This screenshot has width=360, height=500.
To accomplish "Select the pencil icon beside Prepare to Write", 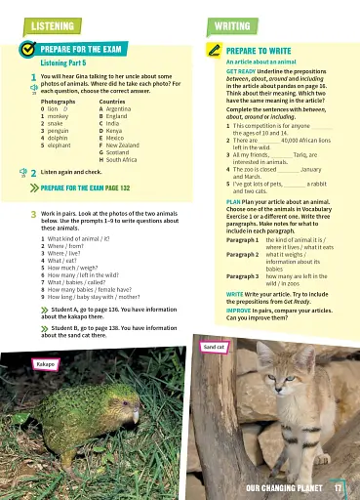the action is (213, 49).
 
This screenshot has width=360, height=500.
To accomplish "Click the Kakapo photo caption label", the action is (45, 363).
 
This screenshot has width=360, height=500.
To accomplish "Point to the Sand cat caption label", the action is (214, 347).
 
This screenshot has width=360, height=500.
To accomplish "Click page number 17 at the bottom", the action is (338, 487).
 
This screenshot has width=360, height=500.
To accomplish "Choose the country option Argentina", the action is (121, 109).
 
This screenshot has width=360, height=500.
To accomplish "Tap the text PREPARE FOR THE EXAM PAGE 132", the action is (86, 187).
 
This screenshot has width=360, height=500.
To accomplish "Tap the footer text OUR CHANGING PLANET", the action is (284, 487).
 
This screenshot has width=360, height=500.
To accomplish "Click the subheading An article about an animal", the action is (258, 61).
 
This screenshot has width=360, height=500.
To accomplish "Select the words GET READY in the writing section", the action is (240, 71).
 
